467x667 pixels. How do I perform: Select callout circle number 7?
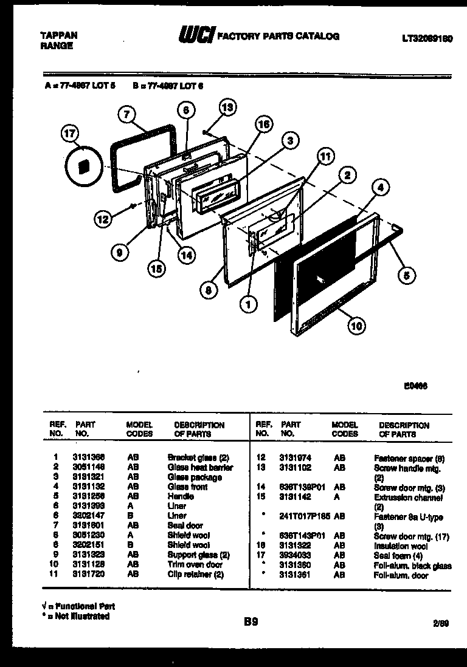click(x=126, y=114)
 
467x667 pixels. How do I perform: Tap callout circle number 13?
click(x=226, y=108)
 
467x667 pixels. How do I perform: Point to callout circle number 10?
click(x=357, y=327)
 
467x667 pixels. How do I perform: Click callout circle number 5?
click(x=406, y=275)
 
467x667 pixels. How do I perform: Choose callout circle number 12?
click(x=103, y=217)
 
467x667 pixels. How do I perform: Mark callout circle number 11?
click(x=326, y=156)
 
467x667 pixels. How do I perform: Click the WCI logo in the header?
click(x=195, y=37)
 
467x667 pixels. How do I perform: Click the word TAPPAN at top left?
click(x=59, y=35)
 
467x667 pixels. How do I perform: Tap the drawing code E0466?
click(x=415, y=383)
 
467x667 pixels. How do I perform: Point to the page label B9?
click(x=252, y=621)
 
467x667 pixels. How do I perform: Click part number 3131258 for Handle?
click(x=91, y=496)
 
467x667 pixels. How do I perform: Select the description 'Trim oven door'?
click(x=195, y=565)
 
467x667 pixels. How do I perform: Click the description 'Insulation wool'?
click(x=401, y=546)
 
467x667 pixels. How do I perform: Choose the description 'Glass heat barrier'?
click(x=200, y=467)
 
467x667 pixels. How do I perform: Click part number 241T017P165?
click(x=304, y=517)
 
